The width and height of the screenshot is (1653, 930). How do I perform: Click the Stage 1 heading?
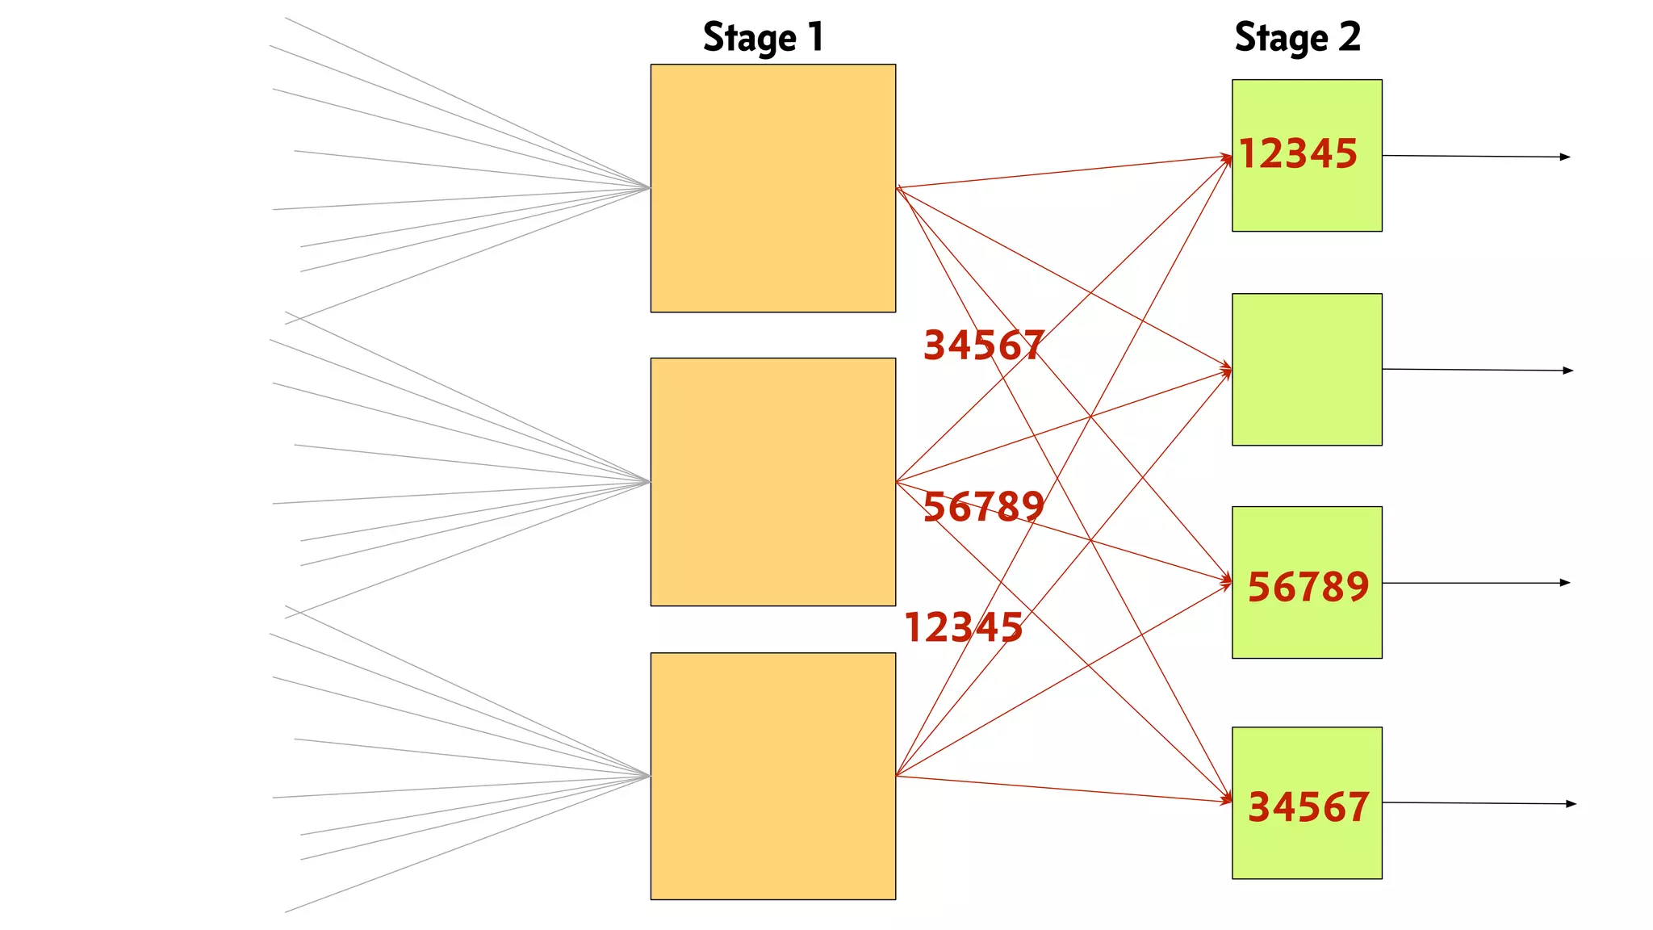763,38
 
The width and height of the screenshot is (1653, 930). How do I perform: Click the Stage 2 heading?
1297,38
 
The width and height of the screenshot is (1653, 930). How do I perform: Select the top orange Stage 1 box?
772,188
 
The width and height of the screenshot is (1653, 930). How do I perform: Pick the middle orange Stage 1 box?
772,482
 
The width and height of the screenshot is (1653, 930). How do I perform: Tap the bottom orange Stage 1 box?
772,776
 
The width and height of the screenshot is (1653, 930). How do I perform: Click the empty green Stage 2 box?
1307,369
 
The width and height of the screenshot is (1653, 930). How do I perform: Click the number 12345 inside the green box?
1298,153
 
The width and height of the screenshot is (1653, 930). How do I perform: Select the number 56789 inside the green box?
1308,586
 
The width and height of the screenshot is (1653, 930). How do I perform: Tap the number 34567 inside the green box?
1308,806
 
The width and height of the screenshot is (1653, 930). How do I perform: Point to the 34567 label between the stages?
984,345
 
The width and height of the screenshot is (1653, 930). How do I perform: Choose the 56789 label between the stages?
984,507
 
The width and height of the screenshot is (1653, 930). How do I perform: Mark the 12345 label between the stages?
964,627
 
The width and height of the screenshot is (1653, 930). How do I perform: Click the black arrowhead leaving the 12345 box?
1565,157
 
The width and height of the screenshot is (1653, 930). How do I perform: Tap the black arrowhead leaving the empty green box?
1568,371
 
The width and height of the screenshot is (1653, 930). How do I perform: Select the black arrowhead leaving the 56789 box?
1565,583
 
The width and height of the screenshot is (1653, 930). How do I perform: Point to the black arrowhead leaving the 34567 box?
1571,804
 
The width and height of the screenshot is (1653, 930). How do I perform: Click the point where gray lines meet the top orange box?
649,188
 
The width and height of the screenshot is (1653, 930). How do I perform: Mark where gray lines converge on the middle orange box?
649,482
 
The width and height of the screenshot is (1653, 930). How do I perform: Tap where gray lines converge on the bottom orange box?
649,777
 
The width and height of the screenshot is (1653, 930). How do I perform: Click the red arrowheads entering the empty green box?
1227,371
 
